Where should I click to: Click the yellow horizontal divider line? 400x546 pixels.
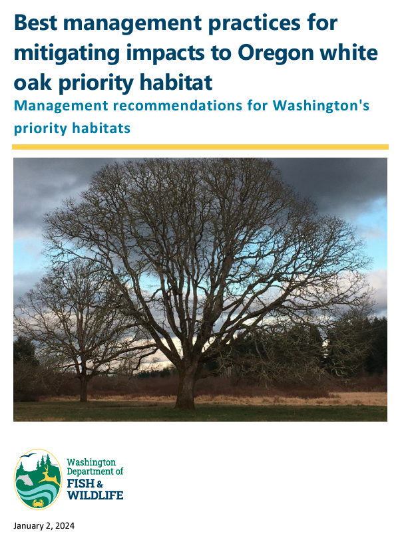pyautogui.click(x=200, y=147)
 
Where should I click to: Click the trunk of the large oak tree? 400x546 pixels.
pyautogui.click(x=186, y=386)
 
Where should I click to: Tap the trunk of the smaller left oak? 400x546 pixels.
pyautogui.click(x=84, y=388)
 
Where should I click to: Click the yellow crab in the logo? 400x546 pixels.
pyautogui.click(x=38, y=503)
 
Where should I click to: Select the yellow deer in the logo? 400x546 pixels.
pyautogui.click(x=49, y=476)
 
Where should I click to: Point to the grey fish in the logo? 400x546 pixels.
pyautogui.click(x=25, y=480)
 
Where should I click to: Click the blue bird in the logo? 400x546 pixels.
pyautogui.click(x=28, y=456)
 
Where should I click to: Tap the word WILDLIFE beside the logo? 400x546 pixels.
pyautogui.click(x=95, y=495)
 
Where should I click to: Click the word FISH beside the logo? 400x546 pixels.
pyautogui.click(x=81, y=483)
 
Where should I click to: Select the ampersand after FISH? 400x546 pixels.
pyautogui.click(x=100, y=484)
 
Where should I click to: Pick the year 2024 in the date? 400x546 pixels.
pyautogui.click(x=65, y=525)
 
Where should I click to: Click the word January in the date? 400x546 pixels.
pyautogui.click(x=28, y=526)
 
